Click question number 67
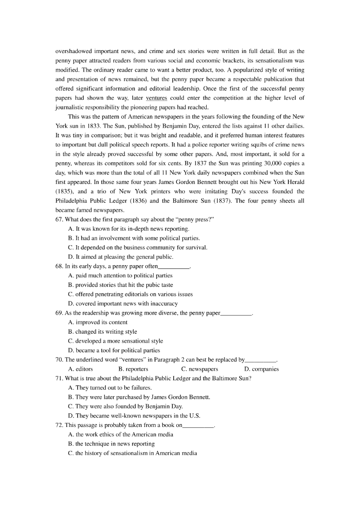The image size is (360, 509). click(x=59, y=219)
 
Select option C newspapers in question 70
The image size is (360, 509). click(x=199, y=369)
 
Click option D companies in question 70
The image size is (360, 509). click(x=261, y=369)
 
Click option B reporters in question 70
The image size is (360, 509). click(x=133, y=369)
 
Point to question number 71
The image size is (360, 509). click(x=59, y=378)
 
